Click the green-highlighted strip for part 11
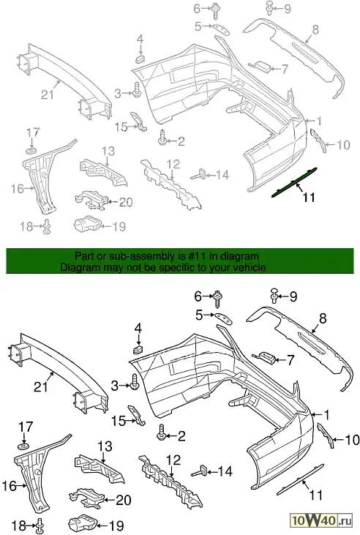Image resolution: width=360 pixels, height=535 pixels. pyautogui.click(x=294, y=182)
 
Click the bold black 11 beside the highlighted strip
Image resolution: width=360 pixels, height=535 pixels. pyautogui.click(x=309, y=197)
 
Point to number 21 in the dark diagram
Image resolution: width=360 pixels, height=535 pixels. pyautogui.click(x=40, y=387)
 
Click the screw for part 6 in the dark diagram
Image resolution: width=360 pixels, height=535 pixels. pyautogui.click(x=217, y=299)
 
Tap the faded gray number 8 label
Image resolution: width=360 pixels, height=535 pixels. pyautogui.click(x=315, y=30)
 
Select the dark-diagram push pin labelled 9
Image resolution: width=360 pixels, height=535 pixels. pyautogui.click(x=274, y=295)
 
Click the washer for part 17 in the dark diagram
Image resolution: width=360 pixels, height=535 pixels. pyautogui.click(x=23, y=447)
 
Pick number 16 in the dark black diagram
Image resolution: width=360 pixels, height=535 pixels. pyautogui.click(x=10, y=486)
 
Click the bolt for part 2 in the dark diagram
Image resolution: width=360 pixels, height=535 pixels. pyautogui.click(x=162, y=433)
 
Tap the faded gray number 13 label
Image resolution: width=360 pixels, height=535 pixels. pyautogui.click(x=109, y=151)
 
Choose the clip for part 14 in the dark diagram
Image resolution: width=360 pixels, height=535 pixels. pyautogui.click(x=200, y=471)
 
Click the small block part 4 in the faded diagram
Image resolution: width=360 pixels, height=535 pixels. pyautogui.click(x=140, y=59)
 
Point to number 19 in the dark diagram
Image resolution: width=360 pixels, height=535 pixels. pyautogui.click(x=116, y=525)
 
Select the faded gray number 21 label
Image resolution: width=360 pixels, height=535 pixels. pyautogui.click(x=48, y=94)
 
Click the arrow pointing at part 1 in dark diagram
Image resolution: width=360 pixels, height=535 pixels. pyautogui.click(x=317, y=415)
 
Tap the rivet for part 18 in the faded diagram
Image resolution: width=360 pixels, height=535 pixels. pyautogui.click(x=46, y=227)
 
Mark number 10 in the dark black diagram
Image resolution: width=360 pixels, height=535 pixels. pyautogui.click(x=352, y=440)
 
